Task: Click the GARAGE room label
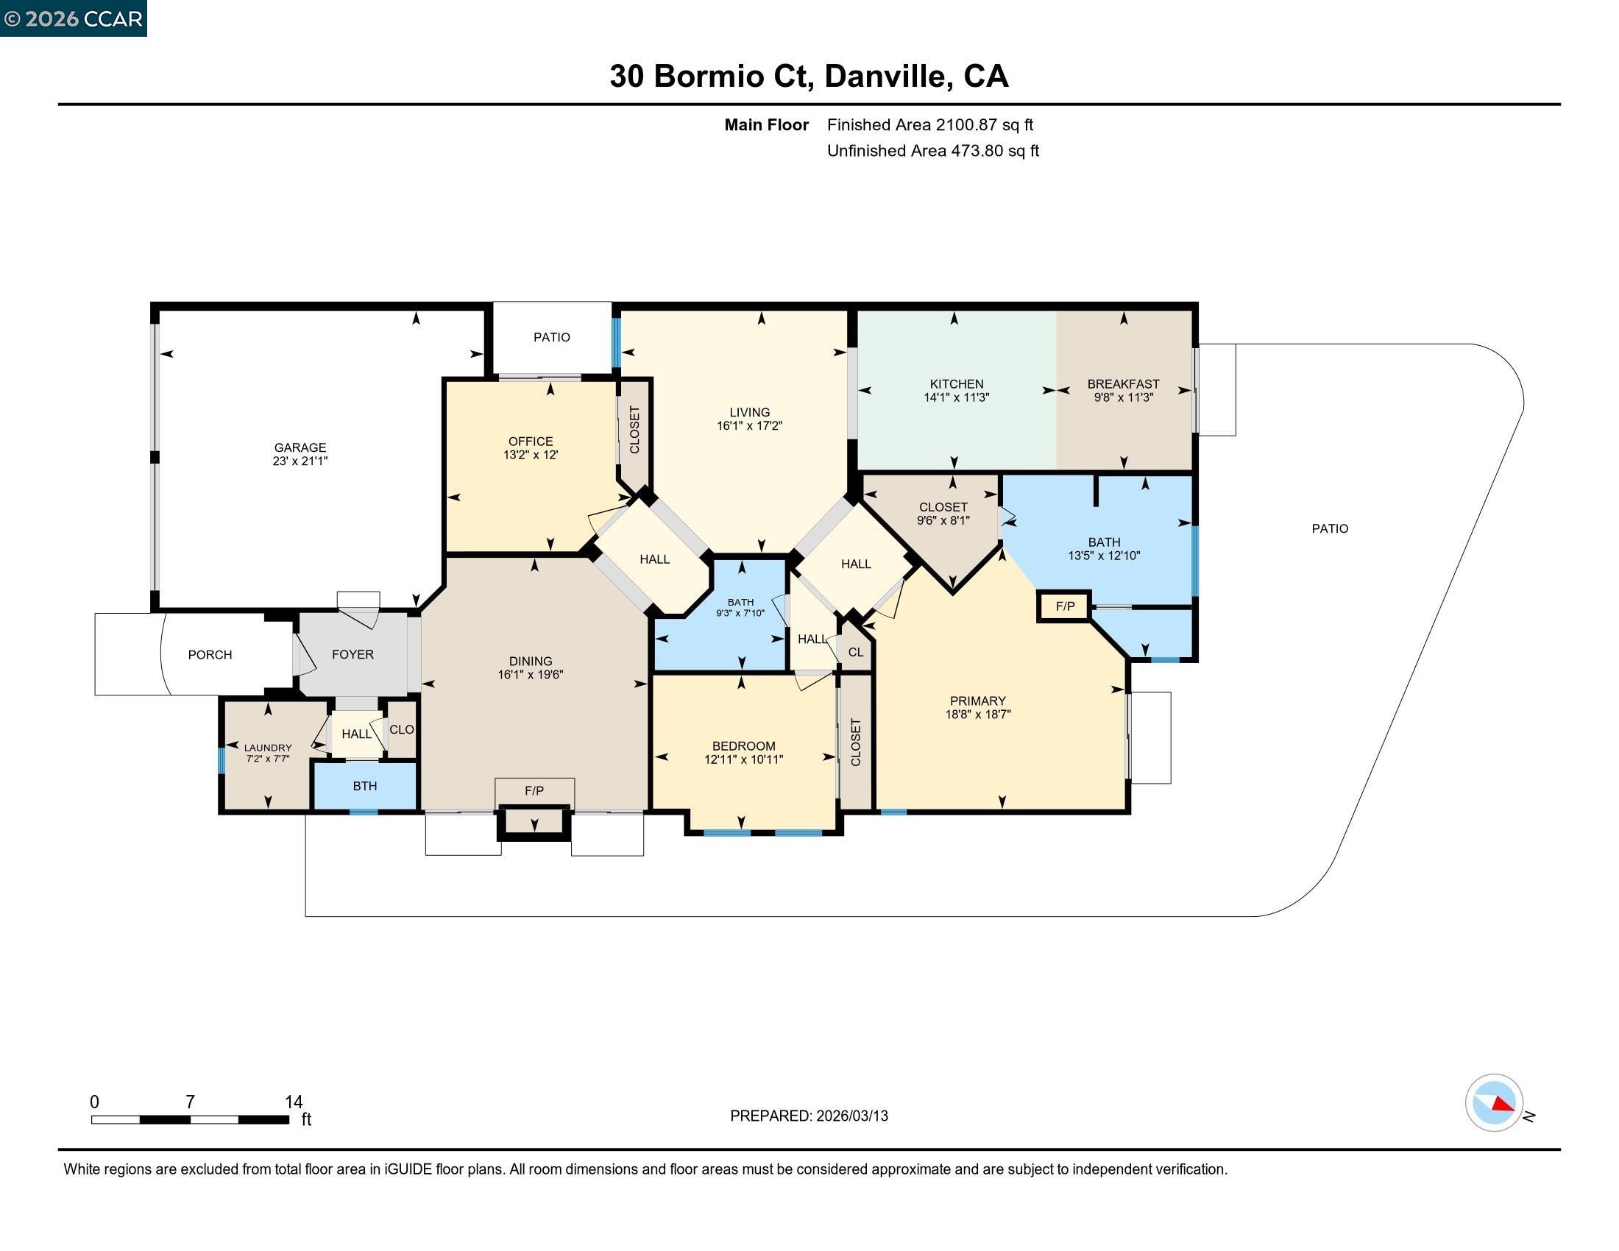click(300, 447)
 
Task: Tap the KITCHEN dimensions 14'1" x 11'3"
click(956, 397)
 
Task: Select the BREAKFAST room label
click(1123, 383)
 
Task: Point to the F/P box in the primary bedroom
click(1065, 606)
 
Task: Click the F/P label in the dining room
click(534, 791)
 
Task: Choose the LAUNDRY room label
click(268, 748)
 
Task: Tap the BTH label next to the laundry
click(365, 786)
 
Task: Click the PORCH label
click(210, 654)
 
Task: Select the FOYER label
click(353, 654)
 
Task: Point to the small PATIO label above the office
click(551, 337)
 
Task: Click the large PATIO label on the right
click(1329, 528)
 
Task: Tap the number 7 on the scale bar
click(190, 1102)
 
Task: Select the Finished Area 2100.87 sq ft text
click(929, 124)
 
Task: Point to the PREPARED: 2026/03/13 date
click(809, 1116)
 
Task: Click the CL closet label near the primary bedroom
click(855, 652)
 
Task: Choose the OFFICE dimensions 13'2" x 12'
click(530, 454)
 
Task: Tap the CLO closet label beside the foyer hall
click(401, 729)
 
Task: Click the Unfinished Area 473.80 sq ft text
click(932, 150)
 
